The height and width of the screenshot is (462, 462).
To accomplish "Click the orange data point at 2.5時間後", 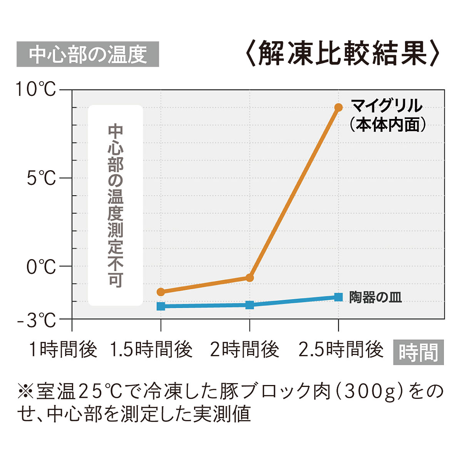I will (338, 107).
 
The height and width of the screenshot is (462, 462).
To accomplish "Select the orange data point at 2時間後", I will (249, 278).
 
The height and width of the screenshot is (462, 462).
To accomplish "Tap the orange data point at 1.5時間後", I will (161, 292).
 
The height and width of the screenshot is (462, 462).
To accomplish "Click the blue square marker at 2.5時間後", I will (338, 297).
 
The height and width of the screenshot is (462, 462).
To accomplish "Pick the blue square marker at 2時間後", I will (249, 305).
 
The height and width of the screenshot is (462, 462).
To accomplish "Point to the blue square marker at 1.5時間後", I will (161, 306).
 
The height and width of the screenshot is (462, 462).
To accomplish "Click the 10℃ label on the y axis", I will (35, 89).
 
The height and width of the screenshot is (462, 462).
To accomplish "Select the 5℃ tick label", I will (41, 178).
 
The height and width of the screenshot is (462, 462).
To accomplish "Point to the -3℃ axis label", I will (37, 320).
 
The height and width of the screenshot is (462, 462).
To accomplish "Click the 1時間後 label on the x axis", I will (63, 350).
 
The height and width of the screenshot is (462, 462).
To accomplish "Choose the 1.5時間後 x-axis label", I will (151, 350).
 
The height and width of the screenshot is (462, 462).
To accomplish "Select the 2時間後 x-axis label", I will (244, 350).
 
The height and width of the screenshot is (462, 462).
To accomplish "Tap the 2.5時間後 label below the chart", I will (341, 350).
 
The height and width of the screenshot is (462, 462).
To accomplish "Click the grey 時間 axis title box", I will (418, 352).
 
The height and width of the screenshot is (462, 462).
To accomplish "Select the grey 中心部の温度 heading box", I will (88, 54).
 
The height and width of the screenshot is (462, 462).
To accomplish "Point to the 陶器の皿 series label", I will (375, 297).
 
